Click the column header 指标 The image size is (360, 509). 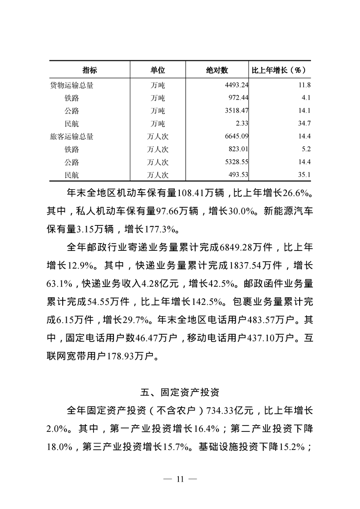point(89,70)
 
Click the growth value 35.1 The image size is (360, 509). point(304,175)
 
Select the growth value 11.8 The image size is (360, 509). point(304,85)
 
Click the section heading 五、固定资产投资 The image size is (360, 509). point(180,390)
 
